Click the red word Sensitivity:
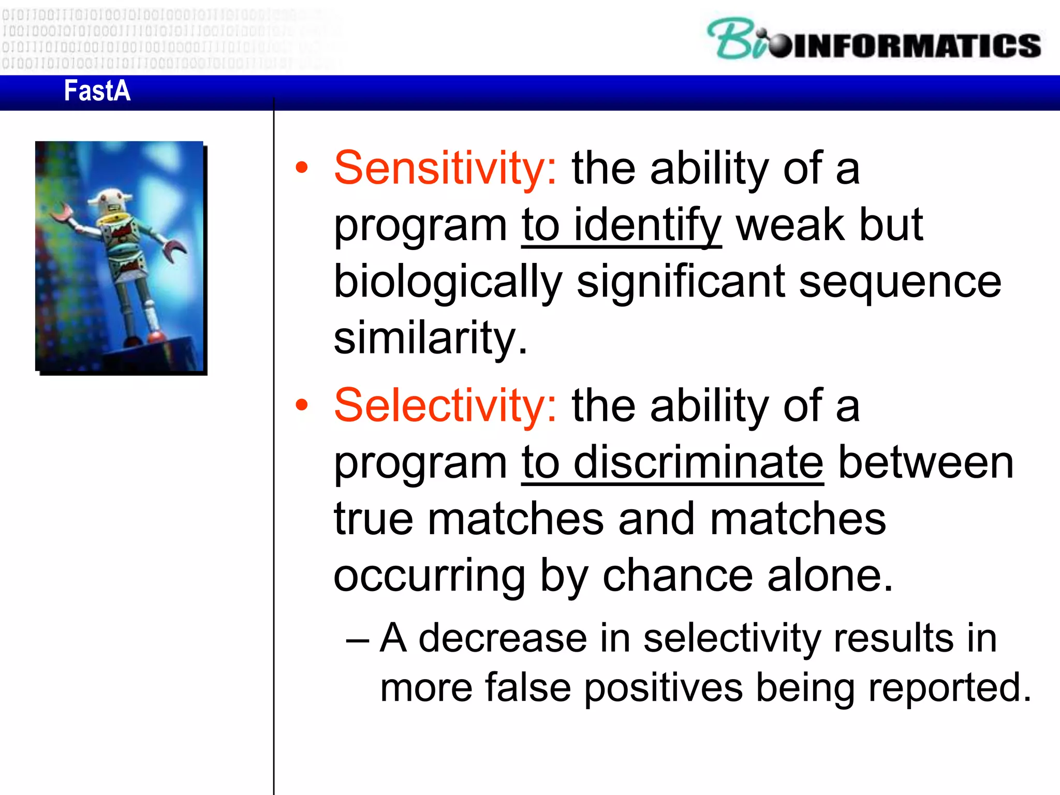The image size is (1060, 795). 445,169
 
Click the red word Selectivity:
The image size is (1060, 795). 445,406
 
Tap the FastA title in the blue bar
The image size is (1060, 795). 97,91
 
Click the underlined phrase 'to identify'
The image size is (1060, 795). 621,226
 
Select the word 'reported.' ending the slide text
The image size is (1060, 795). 950,688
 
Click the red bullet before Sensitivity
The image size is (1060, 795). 302,169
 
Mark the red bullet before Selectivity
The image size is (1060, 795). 302,406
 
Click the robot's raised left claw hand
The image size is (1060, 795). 62,212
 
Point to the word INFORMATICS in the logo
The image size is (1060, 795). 916,46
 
